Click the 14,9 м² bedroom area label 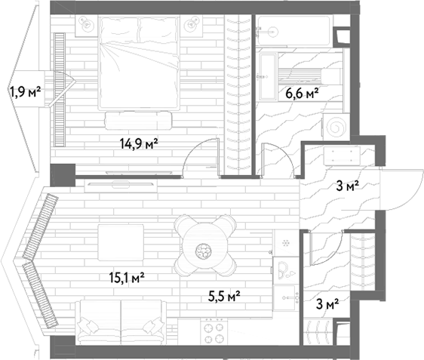coord(139,143)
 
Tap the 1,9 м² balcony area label coord(25,91)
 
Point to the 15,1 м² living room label coord(127,278)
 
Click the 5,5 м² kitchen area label coord(224,297)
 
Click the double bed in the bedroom coord(140,63)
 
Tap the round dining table coord(205,245)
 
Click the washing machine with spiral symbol coord(336,127)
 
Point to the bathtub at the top coord(293,31)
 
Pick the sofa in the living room coord(121,322)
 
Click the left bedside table coord(86,26)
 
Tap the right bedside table coord(192,26)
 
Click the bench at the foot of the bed coord(139,121)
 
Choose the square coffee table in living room coord(121,242)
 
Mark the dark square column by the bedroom coord(63,175)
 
